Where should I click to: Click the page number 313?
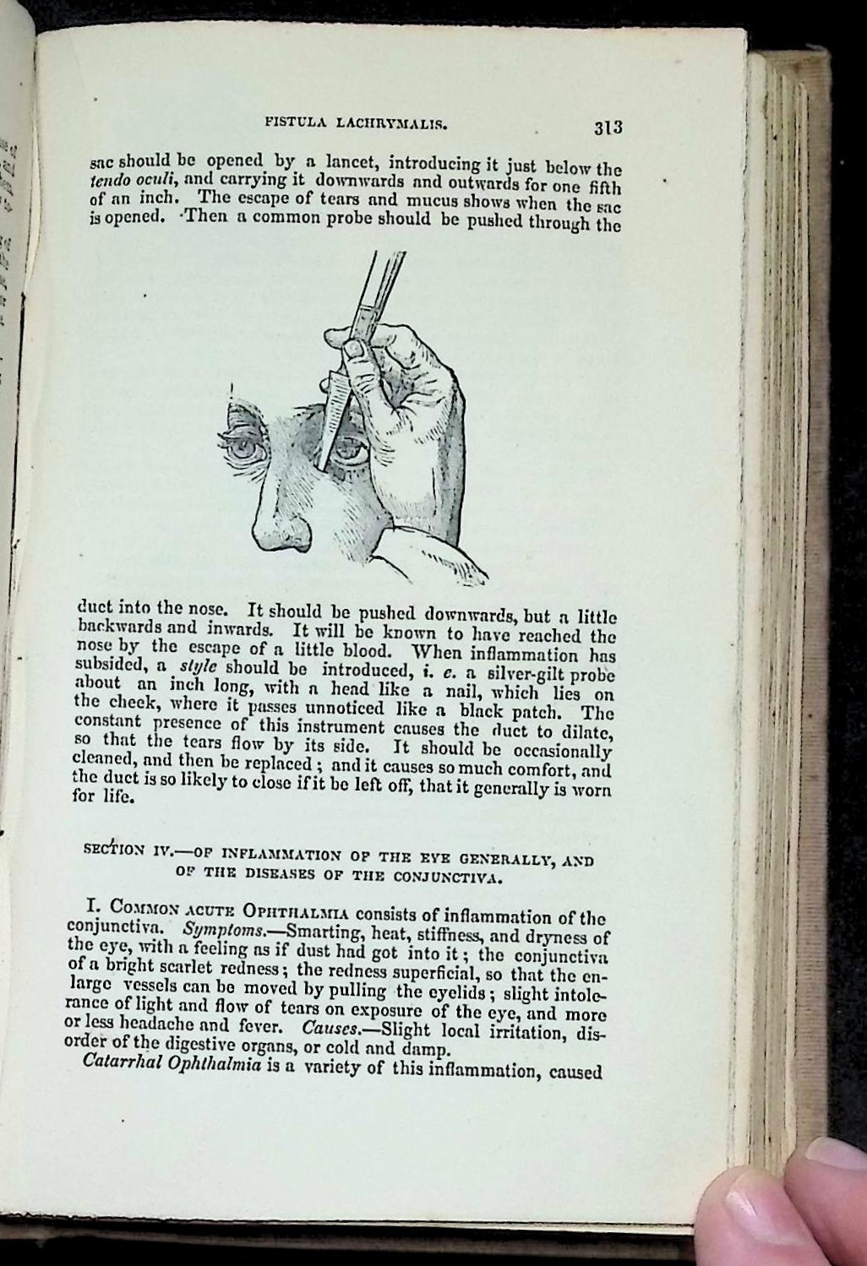tap(608, 128)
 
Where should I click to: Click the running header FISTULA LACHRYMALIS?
tap(356, 124)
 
